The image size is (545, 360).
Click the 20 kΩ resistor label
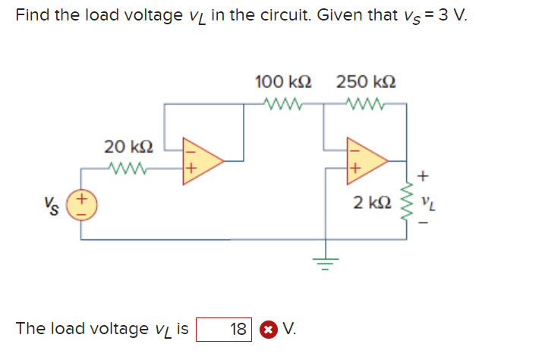(128, 146)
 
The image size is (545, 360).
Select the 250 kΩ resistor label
(366, 81)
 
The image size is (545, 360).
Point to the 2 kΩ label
(372, 204)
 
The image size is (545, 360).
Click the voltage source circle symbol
(82, 205)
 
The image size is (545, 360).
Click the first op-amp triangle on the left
(201, 160)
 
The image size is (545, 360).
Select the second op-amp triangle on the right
(367, 160)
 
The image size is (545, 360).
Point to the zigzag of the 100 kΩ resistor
(283, 104)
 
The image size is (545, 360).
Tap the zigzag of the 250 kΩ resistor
(366, 104)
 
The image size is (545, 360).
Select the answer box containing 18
(224, 330)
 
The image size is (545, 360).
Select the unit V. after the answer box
(289, 329)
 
